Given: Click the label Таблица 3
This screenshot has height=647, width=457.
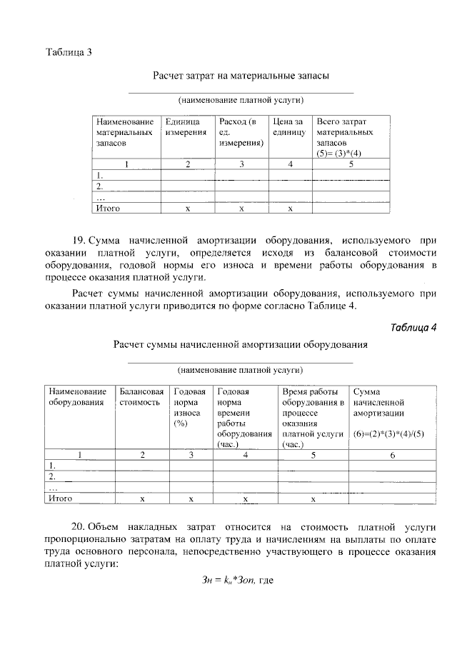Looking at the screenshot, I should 69,52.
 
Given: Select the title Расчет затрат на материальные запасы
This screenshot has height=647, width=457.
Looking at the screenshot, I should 241,75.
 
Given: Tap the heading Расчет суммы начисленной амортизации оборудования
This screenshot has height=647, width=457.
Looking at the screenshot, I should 241,345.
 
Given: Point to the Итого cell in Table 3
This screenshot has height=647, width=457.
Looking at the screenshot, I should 108,209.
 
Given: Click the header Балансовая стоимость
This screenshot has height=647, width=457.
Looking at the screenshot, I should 142,397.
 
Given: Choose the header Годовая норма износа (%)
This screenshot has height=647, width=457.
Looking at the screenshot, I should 190,407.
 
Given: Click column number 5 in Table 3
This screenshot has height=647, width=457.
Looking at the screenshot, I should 351,165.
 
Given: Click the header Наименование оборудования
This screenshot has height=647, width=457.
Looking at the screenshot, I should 77,397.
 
